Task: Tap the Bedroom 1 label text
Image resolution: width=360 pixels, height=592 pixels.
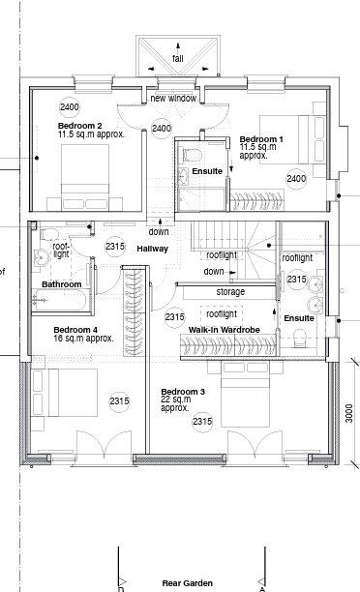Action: tap(261, 139)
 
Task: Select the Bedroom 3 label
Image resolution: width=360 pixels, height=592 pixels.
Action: tap(183, 392)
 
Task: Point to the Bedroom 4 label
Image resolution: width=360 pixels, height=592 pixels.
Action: tap(74, 328)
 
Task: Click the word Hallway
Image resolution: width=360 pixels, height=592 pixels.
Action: tap(152, 249)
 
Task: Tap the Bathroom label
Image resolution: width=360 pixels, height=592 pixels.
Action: tap(61, 284)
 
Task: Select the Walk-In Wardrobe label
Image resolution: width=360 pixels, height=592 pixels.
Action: tap(224, 331)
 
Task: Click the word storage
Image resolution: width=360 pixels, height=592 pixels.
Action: tap(230, 291)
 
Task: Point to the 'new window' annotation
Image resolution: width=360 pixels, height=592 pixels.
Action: tap(174, 99)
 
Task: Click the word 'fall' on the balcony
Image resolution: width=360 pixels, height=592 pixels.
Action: tap(178, 59)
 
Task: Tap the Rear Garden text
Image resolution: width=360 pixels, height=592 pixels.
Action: tap(188, 584)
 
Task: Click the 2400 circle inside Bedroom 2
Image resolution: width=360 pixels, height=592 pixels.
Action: tap(69, 106)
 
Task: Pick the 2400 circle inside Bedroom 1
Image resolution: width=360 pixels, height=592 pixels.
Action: tap(296, 178)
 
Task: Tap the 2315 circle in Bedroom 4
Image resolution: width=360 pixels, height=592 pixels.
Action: tap(119, 400)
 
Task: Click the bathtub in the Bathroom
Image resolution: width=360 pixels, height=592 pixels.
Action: tap(59, 299)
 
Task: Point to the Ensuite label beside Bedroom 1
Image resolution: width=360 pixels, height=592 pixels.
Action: tap(207, 171)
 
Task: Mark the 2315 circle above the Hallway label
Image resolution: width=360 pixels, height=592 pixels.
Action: tap(115, 247)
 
